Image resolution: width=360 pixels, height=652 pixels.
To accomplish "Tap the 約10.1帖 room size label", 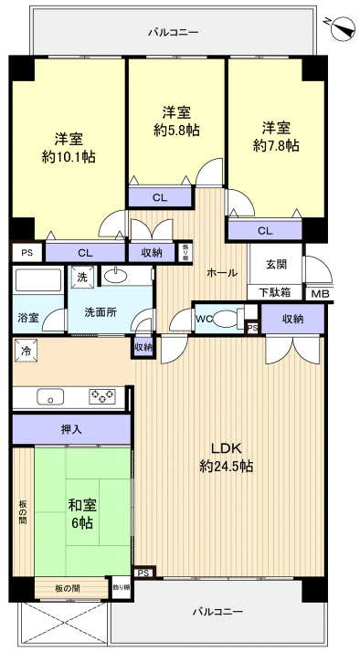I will [69, 156].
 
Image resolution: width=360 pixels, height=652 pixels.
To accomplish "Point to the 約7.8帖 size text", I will [276, 145].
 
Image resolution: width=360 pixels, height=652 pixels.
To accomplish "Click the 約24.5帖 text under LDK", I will [226, 466].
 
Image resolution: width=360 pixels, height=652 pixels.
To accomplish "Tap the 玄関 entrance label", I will [276, 265].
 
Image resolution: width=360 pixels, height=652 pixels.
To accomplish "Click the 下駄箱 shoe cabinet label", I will [274, 293].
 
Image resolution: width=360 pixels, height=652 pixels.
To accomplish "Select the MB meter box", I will [319, 293].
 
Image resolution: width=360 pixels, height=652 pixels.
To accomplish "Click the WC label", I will [205, 319].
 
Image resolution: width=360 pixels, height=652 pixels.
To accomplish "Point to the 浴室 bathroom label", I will [27, 318].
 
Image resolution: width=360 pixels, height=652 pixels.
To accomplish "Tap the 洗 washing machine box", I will [81, 277].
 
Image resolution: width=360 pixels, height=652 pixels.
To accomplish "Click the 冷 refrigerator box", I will [26, 350].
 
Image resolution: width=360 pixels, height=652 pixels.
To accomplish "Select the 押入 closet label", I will [71, 429].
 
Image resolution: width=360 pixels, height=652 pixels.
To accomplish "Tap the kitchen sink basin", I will [49, 396].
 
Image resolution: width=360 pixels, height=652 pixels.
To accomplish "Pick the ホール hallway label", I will [222, 272].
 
